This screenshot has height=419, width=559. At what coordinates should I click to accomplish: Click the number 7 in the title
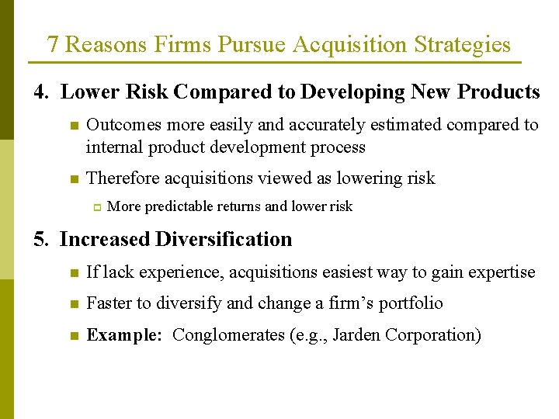pyautogui.click(x=53, y=44)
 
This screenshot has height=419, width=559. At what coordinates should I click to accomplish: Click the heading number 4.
pyautogui.click(x=41, y=92)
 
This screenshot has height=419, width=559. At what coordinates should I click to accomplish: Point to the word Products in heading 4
pyautogui.click(x=498, y=92)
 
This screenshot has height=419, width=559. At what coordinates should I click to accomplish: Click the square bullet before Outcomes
pyautogui.click(x=73, y=126)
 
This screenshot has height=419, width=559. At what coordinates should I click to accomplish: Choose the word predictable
pyautogui.click(x=180, y=206)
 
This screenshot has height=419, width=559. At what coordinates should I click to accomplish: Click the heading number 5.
pyautogui.click(x=40, y=239)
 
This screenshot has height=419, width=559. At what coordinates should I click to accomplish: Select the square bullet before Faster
pyautogui.click(x=73, y=304)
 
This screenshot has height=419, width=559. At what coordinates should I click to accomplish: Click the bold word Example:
pyautogui.click(x=124, y=335)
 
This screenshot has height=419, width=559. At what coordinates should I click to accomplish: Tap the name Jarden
pyautogui.click(x=356, y=335)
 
